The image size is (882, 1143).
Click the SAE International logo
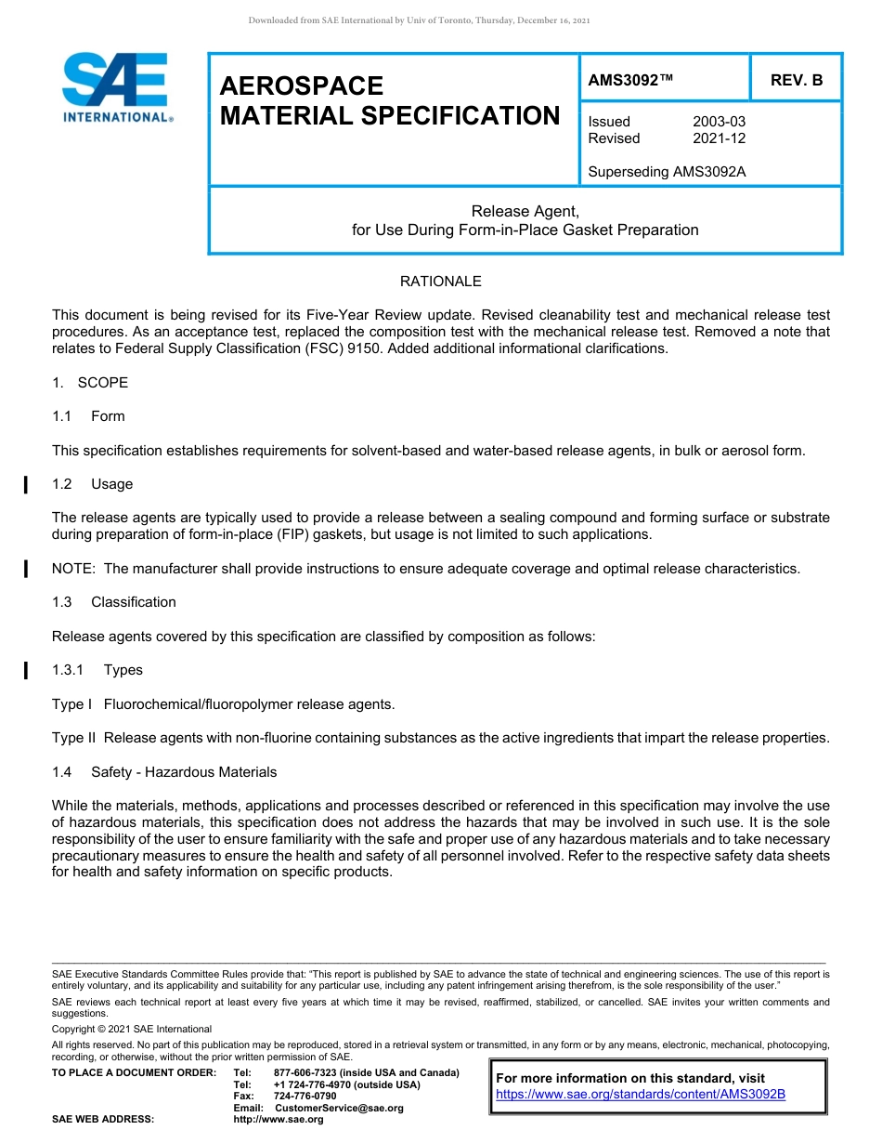115,87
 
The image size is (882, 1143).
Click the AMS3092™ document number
630,80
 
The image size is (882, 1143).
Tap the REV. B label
796,80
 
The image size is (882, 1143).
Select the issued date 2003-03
719,122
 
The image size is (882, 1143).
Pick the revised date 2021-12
719,138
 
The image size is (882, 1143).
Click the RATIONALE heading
440,282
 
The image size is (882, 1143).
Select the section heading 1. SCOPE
90,383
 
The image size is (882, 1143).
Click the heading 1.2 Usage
93,484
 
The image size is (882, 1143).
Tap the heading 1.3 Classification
114,602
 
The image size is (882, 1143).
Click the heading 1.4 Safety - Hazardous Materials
164,772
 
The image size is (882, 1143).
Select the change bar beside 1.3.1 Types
26,670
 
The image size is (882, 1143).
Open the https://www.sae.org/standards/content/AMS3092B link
641,1095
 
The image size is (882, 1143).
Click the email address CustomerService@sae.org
339,1108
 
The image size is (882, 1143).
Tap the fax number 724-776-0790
305,1097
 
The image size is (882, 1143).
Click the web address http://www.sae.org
279,1119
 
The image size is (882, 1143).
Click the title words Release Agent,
525,212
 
